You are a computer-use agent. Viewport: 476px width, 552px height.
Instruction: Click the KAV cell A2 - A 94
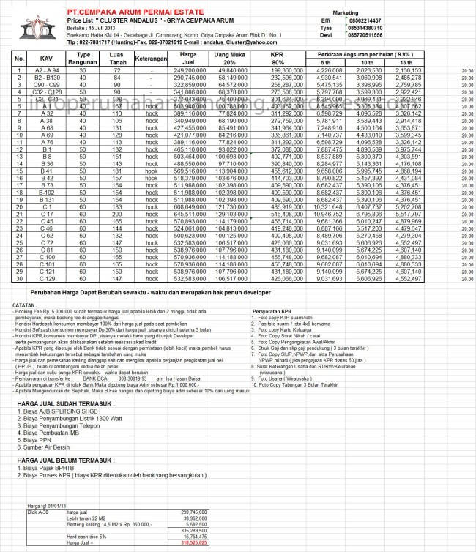(48, 70)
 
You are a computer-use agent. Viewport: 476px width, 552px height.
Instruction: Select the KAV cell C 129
(47, 278)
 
